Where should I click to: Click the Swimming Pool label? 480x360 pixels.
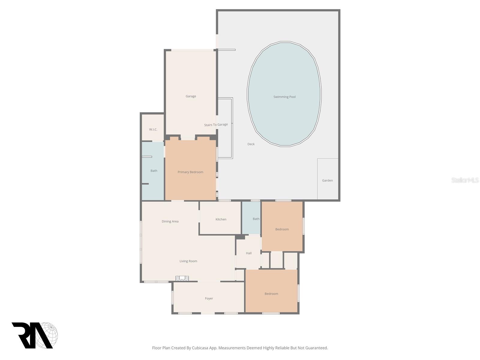tap(284, 97)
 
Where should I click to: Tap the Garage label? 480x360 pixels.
tap(191, 96)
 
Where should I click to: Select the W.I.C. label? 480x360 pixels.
tap(153, 130)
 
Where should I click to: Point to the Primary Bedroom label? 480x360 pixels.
tap(190, 172)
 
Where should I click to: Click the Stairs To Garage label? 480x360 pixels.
tap(216, 125)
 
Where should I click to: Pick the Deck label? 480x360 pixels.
tap(251, 144)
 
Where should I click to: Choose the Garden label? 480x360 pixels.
tap(327, 181)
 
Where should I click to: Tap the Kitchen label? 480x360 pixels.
tap(221, 219)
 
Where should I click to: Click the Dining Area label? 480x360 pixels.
tap(170, 221)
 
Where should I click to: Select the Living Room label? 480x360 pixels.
tap(188, 261)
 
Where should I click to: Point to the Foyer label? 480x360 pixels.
tap(209, 298)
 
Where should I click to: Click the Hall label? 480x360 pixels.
tap(249, 253)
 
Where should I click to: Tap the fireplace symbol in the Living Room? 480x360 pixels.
tap(182, 278)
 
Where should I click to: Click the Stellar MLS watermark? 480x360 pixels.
tap(465, 180)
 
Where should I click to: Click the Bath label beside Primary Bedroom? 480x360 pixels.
tap(154, 171)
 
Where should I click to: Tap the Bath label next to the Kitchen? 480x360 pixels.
tap(256, 219)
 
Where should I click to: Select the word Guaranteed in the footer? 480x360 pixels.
tap(317, 348)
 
